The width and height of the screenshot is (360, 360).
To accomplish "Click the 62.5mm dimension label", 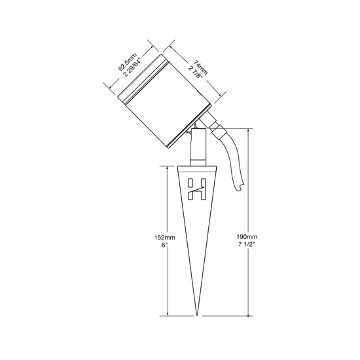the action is click(128, 62).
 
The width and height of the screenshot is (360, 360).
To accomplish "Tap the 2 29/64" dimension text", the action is click(132, 67).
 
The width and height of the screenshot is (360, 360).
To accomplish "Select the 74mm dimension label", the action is click(200, 67).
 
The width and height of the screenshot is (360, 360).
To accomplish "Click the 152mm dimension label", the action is click(164, 238).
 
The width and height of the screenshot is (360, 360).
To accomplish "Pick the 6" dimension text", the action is click(164, 245).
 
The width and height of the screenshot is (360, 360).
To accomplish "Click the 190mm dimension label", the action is click(247, 237).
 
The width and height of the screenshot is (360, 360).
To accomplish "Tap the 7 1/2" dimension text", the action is click(247, 244).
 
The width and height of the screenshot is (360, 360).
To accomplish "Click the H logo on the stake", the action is click(196, 189).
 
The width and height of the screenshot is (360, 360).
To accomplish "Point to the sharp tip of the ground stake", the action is click(197, 315).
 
